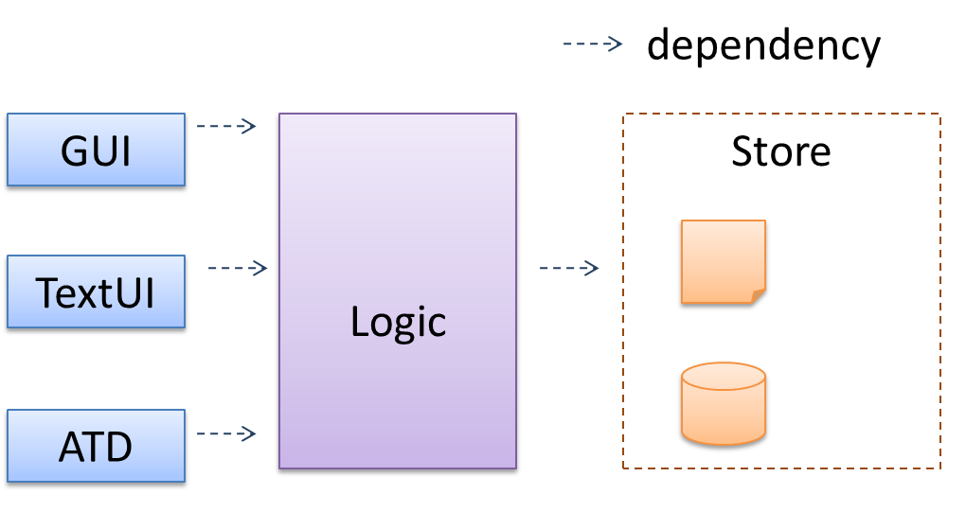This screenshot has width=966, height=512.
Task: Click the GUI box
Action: [x=96, y=150]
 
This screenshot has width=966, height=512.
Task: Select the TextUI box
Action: [x=96, y=292]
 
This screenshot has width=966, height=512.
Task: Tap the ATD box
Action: [x=96, y=447]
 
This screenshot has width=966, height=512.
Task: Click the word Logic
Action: [x=398, y=322]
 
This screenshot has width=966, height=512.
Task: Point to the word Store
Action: [x=780, y=151]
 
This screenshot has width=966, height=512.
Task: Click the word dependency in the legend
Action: [x=763, y=44]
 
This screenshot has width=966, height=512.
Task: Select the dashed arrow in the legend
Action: [x=593, y=44]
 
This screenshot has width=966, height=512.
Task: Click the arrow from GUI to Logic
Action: [x=226, y=126]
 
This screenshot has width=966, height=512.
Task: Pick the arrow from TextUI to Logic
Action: [x=238, y=269]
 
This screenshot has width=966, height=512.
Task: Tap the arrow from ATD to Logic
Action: [x=226, y=434]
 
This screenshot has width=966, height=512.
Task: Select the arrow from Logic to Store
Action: [x=569, y=269]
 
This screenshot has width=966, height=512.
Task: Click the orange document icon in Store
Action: [x=722, y=261]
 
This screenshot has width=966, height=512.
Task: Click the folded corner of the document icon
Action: [x=758, y=295]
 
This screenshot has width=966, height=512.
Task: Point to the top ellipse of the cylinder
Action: [x=723, y=376]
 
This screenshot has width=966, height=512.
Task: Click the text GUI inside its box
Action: [x=96, y=150]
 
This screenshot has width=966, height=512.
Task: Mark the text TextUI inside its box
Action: [x=96, y=293]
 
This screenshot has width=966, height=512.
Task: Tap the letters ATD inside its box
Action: [x=96, y=447]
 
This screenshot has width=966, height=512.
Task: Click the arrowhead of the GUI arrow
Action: [x=251, y=126]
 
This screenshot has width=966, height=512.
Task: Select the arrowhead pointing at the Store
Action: [x=593, y=269]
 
